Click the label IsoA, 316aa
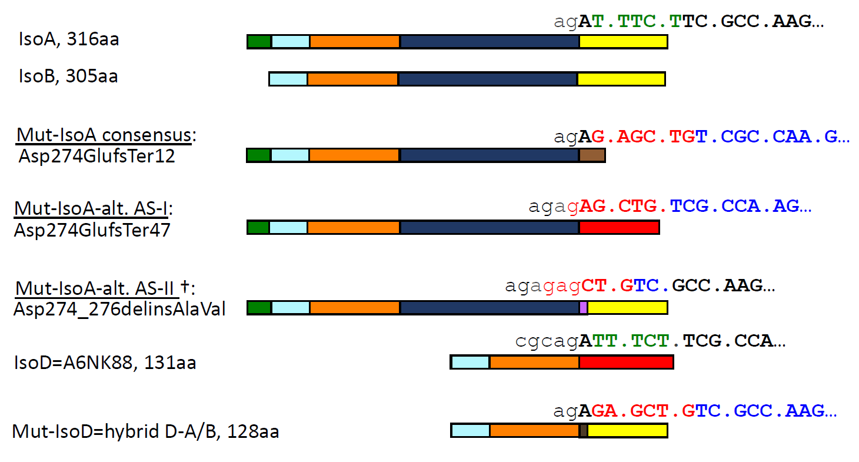click(x=69, y=39)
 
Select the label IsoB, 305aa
click(x=68, y=77)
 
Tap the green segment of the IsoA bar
click(x=259, y=42)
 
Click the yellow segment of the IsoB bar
click(x=621, y=79)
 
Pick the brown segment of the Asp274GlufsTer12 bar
click(x=592, y=155)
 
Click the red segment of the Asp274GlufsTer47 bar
click(x=619, y=227)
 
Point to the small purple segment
click(x=583, y=307)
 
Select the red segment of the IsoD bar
click(x=626, y=362)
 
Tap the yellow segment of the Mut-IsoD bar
click(x=627, y=431)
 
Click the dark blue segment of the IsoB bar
click(x=488, y=79)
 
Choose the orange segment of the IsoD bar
click(x=534, y=362)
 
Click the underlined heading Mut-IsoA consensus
click(x=104, y=135)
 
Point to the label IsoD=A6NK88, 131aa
click(x=105, y=363)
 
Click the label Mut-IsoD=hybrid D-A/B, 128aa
click(x=145, y=431)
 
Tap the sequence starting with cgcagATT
click(x=650, y=341)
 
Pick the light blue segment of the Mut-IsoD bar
click(x=470, y=431)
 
